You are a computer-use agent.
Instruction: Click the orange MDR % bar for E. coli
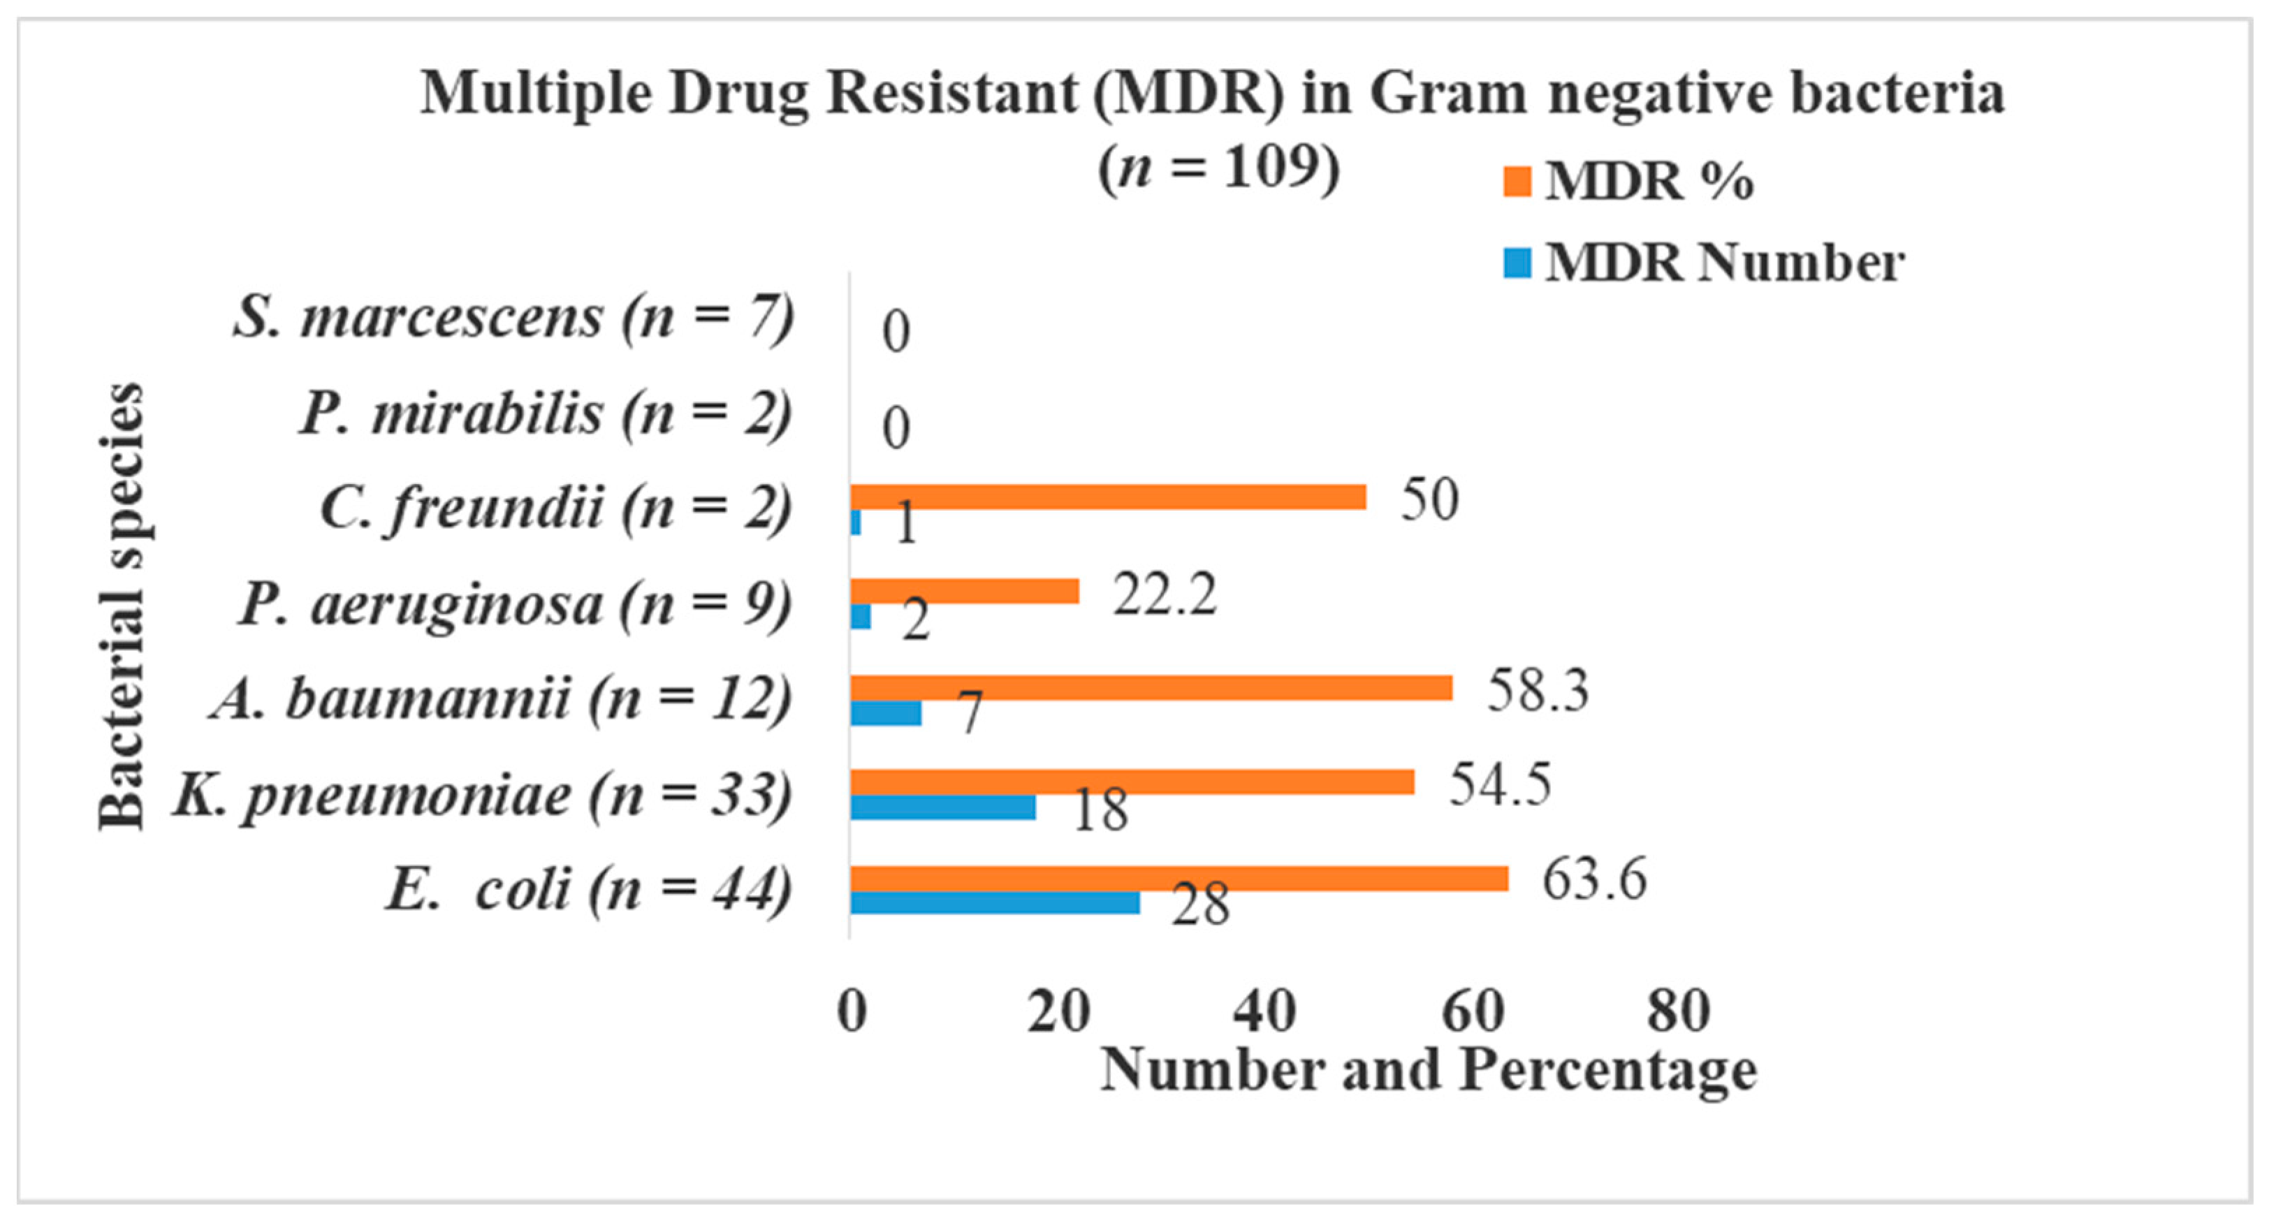pyautogui.click(x=1179, y=878)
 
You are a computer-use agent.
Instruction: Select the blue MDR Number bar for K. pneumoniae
pyautogui.click(x=942, y=807)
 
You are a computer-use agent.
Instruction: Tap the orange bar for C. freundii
pyautogui.click(x=1107, y=497)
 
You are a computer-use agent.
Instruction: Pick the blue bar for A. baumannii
pyautogui.click(x=885, y=712)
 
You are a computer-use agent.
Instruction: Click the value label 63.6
pyautogui.click(x=1593, y=879)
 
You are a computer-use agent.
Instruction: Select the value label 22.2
pyautogui.click(x=1165, y=594)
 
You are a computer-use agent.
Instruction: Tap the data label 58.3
pyautogui.click(x=1538, y=689)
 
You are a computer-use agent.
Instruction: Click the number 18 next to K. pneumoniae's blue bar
pyautogui.click(x=1100, y=810)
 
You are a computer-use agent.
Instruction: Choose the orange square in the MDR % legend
pyautogui.click(x=1517, y=182)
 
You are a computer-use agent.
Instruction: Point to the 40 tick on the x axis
pyautogui.click(x=1264, y=1011)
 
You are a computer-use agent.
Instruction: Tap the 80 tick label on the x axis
pyautogui.click(x=1679, y=1011)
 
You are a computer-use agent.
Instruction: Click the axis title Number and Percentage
pyautogui.click(x=1429, y=1071)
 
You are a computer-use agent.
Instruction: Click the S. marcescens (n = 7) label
pyautogui.click(x=513, y=317)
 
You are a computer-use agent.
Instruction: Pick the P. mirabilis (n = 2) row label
pyautogui.click(x=545, y=413)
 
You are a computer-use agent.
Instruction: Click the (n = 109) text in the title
pyautogui.click(x=1218, y=168)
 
